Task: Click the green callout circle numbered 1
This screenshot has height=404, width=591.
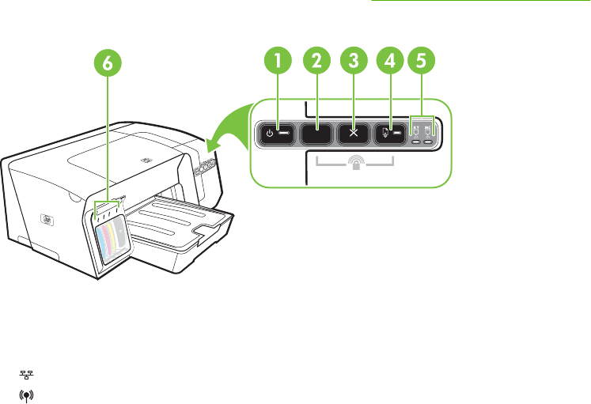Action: coord(277,60)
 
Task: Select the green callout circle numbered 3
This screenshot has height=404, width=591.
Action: coord(354,60)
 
